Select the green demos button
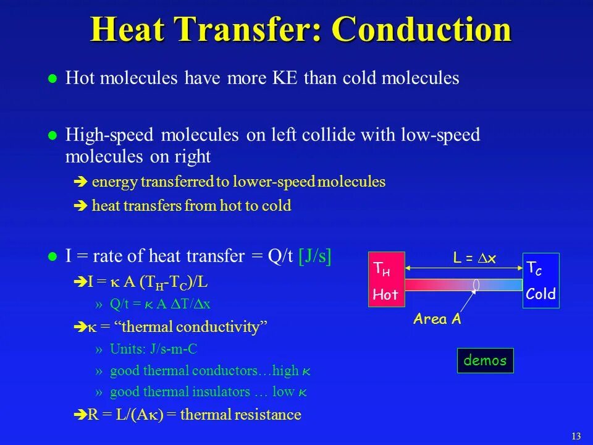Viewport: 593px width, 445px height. point(485,360)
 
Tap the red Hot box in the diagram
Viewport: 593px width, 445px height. point(386,280)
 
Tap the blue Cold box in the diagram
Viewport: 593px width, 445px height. point(541,280)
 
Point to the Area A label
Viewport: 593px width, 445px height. point(437,320)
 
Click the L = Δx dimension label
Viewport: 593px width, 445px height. point(474,259)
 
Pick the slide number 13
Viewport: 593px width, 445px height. point(576,436)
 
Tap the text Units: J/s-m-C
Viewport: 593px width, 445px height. point(153,349)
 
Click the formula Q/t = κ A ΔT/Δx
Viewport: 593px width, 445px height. point(160,303)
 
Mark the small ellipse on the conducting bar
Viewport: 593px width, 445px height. point(476,284)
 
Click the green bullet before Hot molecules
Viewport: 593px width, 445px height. point(53,79)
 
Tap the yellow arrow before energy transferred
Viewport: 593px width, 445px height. point(80,182)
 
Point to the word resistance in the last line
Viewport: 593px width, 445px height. point(272,415)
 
